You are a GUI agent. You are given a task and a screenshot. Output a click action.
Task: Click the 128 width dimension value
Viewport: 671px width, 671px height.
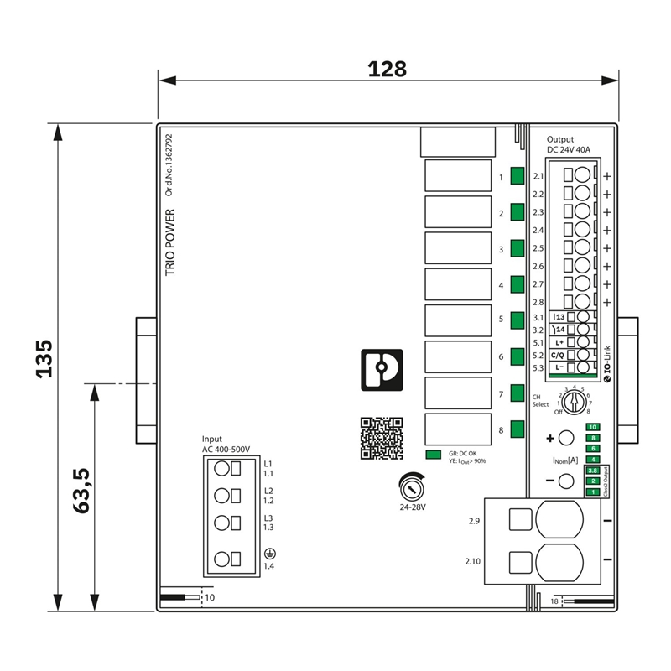coord(388,69)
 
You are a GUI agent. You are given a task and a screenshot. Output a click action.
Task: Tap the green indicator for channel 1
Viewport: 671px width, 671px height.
coord(518,177)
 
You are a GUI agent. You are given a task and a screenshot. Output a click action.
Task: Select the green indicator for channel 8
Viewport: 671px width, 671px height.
coord(518,430)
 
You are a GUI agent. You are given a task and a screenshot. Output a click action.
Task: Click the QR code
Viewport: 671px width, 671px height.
coord(382,438)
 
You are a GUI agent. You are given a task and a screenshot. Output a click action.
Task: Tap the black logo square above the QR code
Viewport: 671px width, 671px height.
coord(382,370)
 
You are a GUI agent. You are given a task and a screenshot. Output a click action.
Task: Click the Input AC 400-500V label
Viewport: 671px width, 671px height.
coord(226,445)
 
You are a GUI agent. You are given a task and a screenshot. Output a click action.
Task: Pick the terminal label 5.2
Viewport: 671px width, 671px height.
coord(538,356)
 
